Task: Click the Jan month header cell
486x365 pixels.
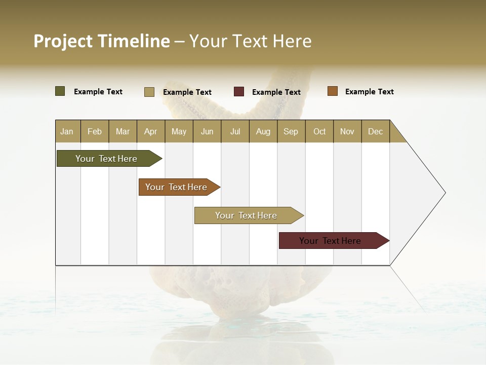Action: tap(67, 131)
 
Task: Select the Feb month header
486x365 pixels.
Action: tap(95, 131)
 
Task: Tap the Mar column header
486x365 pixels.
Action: tap(123, 131)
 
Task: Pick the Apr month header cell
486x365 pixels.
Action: tap(151, 131)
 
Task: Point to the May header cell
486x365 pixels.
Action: tap(179, 131)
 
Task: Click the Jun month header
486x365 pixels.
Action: tap(207, 131)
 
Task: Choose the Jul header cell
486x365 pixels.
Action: tap(235, 131)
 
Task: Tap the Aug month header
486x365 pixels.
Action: tap(263, 131)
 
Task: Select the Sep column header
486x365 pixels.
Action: tap(291, 131)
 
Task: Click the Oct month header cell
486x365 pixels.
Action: tap(319, 131)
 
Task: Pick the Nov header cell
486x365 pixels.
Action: tap(347, 131)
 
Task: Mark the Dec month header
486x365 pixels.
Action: tap(376, 131)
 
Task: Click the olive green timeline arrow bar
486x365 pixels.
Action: tap(107, 159)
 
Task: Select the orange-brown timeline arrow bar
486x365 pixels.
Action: tap(177, 187)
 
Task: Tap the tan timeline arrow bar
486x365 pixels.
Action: tap(247, 215)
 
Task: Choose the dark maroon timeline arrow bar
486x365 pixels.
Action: tap(331, 241)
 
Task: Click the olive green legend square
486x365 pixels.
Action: tap(60, 91)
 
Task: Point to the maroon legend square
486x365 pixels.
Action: tap(239, 92)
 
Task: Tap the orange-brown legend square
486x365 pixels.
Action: tap(333, 91)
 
